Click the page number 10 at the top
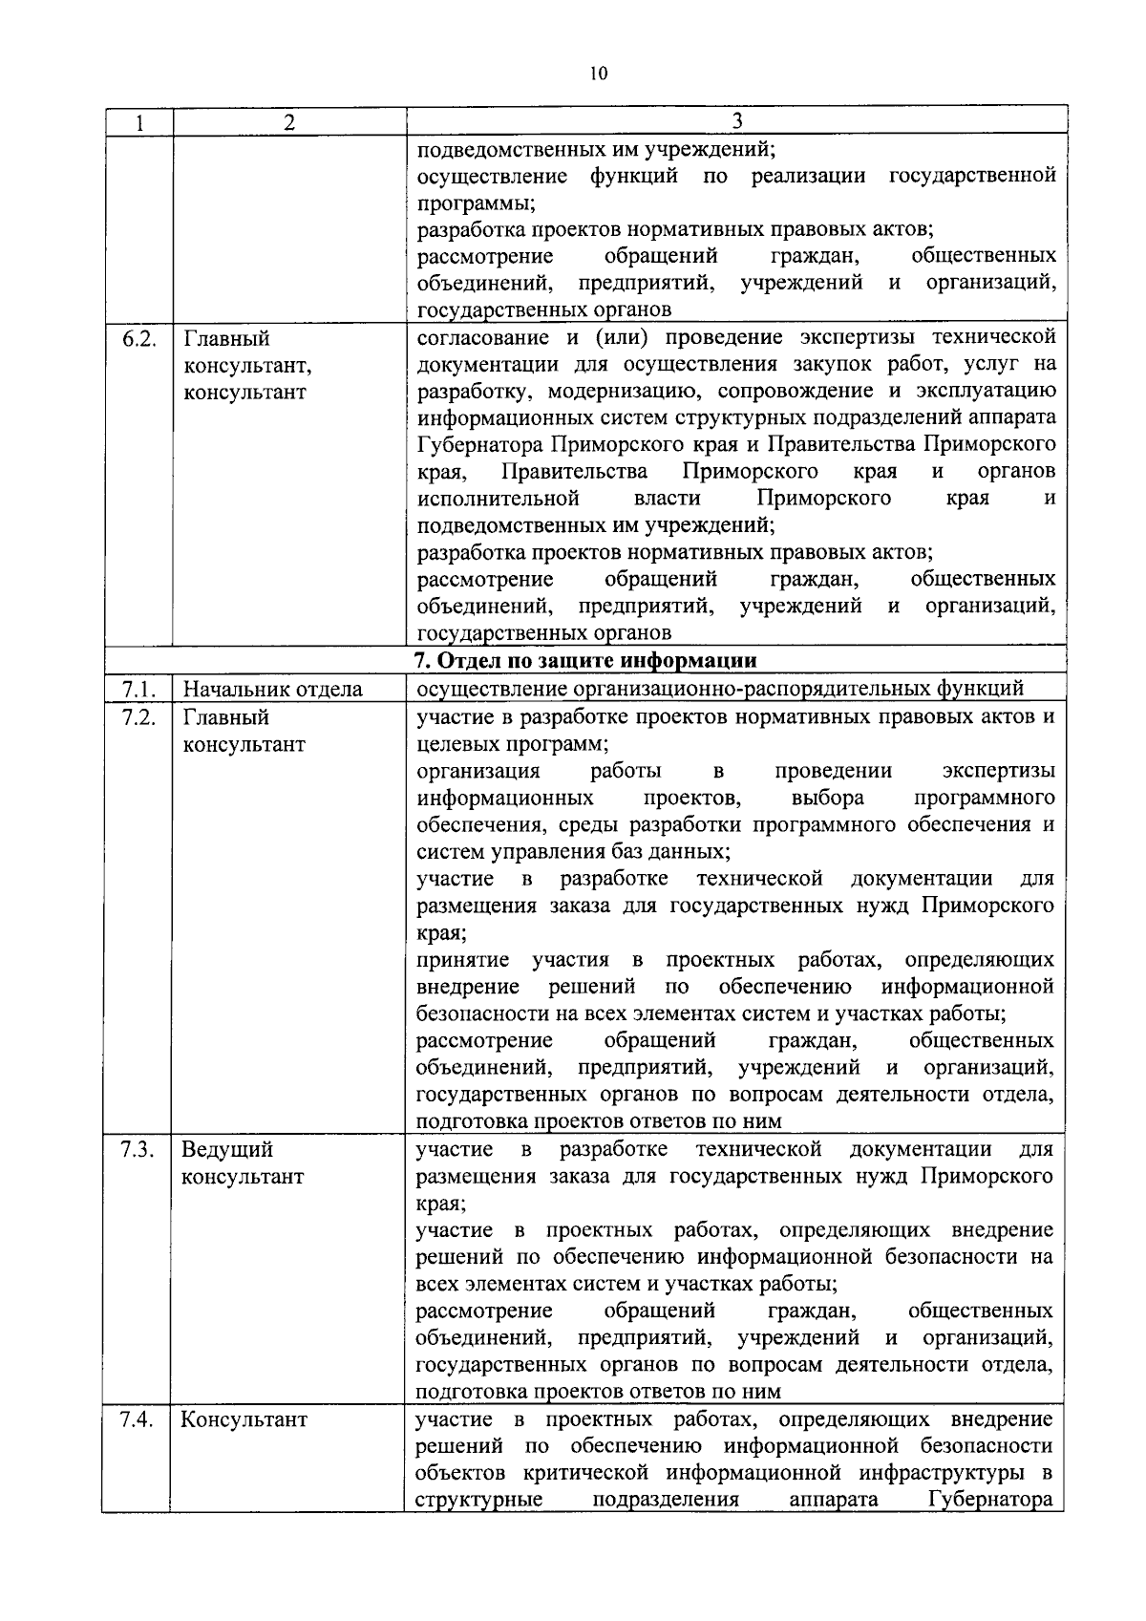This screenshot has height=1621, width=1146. (x=599, y=74)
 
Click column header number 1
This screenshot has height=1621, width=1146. (x=139, y=122)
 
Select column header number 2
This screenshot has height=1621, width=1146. (x=289, y=122)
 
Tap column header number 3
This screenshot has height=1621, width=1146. (x=736, y=120)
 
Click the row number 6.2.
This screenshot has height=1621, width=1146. (x=139, y=339)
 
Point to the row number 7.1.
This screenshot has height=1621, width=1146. (x=139, y=689)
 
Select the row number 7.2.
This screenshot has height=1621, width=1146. (x=139, y=717)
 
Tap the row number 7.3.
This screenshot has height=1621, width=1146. (x=139, y=1149)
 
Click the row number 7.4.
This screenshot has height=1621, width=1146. (x=139, y=1419)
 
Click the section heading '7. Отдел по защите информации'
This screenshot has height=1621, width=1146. (x=584, y=661)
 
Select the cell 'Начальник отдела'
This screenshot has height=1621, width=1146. (x=272, y=689)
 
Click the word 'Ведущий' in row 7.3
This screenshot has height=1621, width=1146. (x=227, y=1149)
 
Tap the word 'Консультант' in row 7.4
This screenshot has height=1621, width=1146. (x=244, y=1419)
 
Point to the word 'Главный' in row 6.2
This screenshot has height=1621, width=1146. (x=226, y=339)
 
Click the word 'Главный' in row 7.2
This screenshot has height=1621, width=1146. (x=226, y=717)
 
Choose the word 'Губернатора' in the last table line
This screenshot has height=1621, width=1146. (x=991, y=1500)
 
